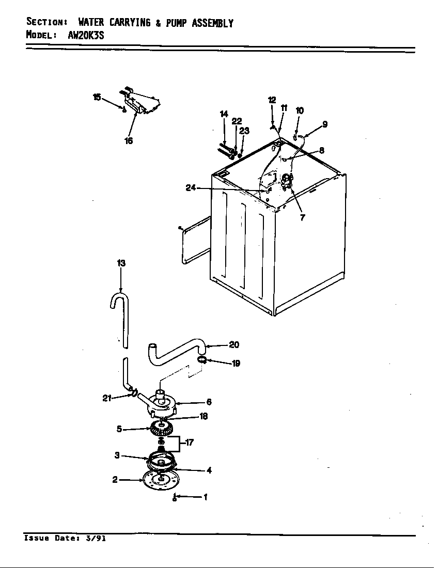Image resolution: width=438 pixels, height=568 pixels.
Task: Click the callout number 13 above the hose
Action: pyautogui.click(x=121, y=263)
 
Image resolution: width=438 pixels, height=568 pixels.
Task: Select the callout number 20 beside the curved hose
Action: pyautogui.click(x=234, y=345)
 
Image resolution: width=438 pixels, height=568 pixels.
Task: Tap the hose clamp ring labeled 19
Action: pyautogui.click(x=202, y=360)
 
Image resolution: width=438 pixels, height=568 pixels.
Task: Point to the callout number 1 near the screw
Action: pyautogui.click(x=206, y=497)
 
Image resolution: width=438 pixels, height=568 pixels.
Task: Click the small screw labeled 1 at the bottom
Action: pyautogui.click(x=175, y=497)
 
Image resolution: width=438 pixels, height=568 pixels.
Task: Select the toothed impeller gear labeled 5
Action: pyautogui.click(x=162, y=428)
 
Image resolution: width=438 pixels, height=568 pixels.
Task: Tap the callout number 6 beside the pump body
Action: pyautogui.click(x=209, y=402)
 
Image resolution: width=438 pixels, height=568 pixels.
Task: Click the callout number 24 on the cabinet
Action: pyautogui.click(x=191, y=188)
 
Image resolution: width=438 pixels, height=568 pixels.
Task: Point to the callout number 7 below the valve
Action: pyautogui.click(x=302, y=217)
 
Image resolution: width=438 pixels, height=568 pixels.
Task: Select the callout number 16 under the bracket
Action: pyautogui.click(x=129, y=141)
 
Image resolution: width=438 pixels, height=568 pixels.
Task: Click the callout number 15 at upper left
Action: pyautogui.click(x=97, y=97)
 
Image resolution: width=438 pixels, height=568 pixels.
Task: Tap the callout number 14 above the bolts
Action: pyautogui.click(x=224, y=114)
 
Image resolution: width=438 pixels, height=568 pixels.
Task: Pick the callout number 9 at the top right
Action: pyautogui.click(x=324, y=124)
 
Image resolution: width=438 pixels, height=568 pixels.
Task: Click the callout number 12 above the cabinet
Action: pyautogui.click(x=272, y=100)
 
